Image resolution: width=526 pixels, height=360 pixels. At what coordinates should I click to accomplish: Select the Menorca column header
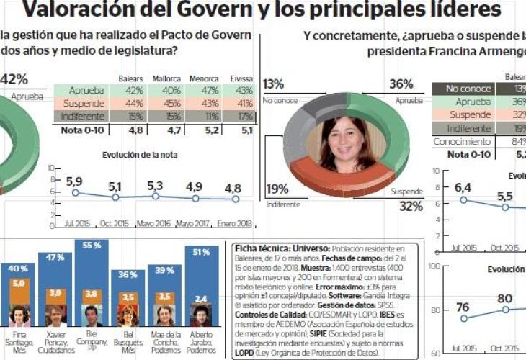click(204, 78)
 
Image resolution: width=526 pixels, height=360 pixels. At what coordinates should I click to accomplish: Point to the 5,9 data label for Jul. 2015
click(74, 182)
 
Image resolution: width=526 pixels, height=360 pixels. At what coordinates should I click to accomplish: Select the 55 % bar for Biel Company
click(92, 274)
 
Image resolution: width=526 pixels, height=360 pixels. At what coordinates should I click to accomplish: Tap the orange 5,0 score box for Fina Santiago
click(19, 284)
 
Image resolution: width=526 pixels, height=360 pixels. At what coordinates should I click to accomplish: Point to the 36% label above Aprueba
click(401, 84)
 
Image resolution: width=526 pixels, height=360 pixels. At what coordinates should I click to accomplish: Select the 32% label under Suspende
click(411, 207)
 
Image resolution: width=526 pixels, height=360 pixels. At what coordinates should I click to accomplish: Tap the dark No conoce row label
click(462, 89)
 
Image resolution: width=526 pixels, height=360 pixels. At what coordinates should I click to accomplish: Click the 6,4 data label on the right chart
click(463, 188)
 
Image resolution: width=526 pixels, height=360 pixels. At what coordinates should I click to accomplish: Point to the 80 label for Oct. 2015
click(504, 298)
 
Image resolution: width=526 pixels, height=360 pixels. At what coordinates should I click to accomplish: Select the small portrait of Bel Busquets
click(128, 316)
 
